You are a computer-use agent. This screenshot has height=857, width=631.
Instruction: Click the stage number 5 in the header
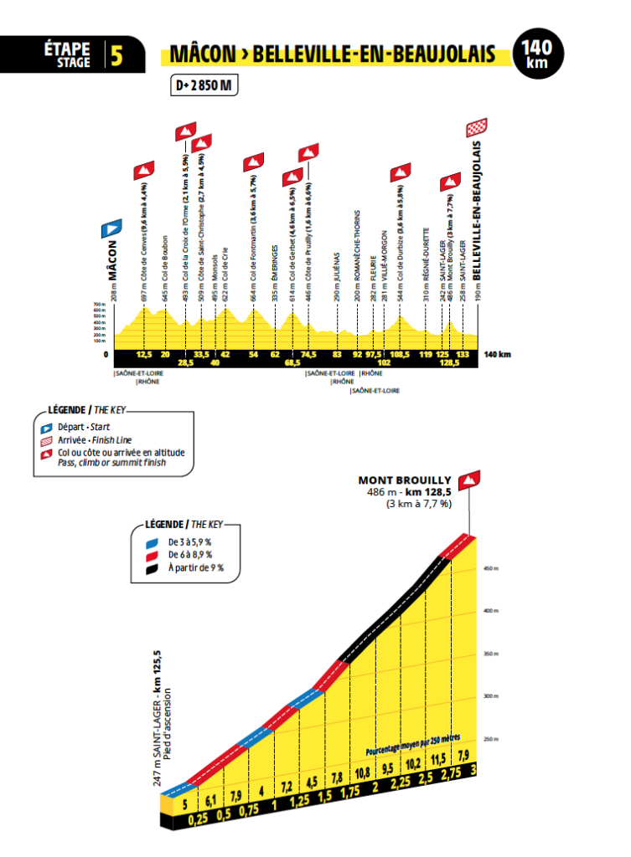(116, 56)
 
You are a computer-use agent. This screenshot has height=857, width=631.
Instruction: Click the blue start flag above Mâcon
(111, 228)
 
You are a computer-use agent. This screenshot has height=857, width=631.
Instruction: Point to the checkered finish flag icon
(477, 127)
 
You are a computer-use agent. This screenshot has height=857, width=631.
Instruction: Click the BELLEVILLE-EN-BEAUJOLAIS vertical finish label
(477, 210)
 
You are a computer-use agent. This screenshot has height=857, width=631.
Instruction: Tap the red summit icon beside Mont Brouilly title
(475, 480)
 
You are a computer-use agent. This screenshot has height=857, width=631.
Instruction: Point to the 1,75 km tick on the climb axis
(351, 790)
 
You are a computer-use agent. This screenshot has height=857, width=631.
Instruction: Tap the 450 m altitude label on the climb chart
(488, 568)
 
